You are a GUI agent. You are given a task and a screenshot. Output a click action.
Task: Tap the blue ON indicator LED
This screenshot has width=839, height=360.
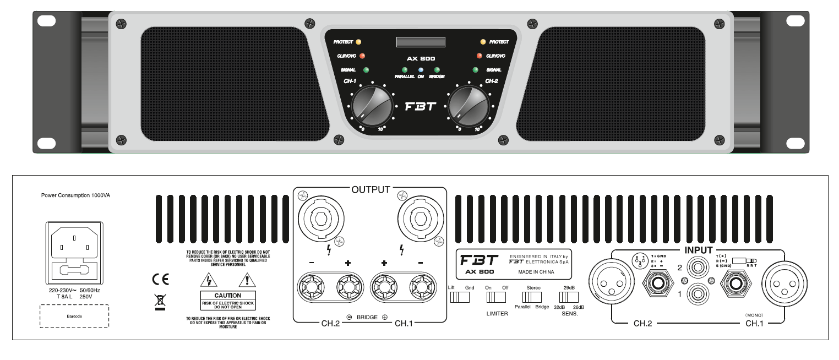[421, 70]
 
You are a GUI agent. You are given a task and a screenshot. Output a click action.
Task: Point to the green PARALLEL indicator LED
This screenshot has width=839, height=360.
[405, 70]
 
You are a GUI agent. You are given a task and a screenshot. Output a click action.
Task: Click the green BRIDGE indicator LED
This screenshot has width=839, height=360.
[437, 70]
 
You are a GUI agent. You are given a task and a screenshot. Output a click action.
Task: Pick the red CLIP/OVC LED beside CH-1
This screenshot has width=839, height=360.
[362, 55]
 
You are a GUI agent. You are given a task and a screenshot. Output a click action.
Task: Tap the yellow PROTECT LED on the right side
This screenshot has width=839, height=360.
[483, 41]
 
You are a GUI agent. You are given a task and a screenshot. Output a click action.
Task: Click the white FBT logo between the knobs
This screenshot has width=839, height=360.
[421, 107]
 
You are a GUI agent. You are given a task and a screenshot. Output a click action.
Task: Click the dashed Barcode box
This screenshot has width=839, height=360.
[74, 317]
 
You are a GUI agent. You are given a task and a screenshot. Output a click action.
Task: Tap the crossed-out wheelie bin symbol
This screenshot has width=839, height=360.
[160, 300]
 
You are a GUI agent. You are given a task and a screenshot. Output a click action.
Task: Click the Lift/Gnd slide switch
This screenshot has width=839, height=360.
[460, 297]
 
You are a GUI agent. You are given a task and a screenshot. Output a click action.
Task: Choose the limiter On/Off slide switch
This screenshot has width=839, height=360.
[496, 297]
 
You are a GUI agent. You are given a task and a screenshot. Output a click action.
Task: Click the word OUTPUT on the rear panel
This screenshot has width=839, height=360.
[371, 190]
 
